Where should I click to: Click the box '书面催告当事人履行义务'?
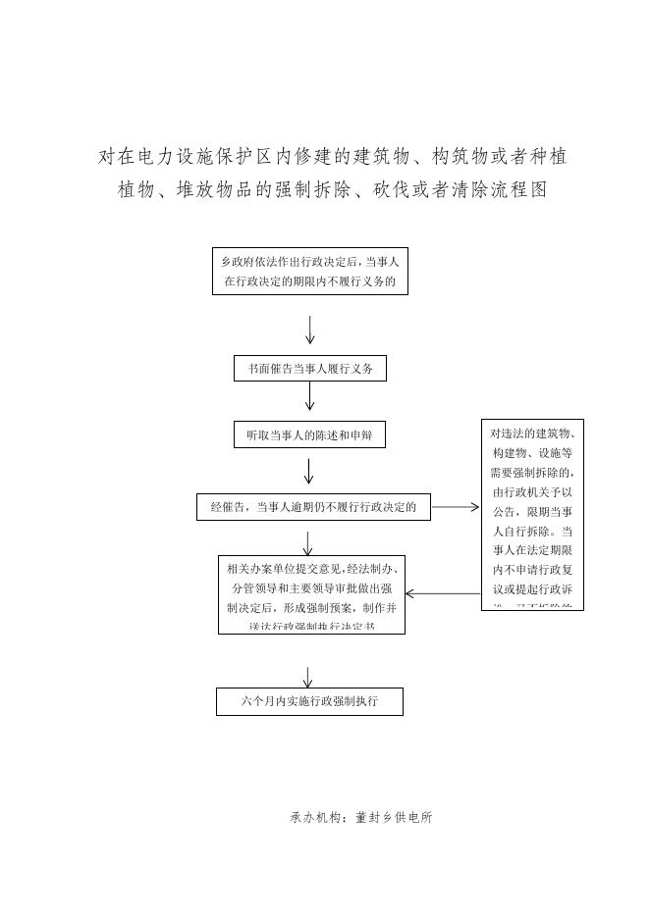(x=310, y=369)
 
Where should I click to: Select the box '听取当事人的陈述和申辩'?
(x=309, y=434)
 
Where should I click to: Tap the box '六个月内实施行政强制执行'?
(x=309, y=701)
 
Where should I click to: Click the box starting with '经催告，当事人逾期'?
(x=313, y=507)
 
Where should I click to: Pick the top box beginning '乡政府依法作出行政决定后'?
(x=309, y=272)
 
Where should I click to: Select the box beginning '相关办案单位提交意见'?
(x=311, y=594)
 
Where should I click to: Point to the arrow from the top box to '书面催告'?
(x=310, y=330)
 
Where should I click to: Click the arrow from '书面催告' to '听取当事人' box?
(x=310, y=396)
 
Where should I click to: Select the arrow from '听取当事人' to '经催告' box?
(x=309, y=472)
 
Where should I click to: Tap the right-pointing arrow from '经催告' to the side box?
(x=456, y=508)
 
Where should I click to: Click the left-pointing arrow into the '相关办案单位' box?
(x=443, y=593)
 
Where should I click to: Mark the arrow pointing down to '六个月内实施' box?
(x=308, y=677)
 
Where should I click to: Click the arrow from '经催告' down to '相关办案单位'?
(x=308, y=543)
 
